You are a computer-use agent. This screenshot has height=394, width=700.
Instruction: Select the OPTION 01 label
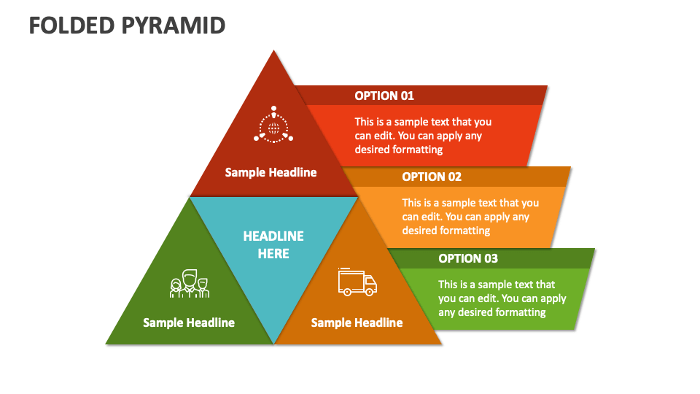tap(384, 96)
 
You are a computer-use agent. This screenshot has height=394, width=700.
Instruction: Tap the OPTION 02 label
tap(432, 177)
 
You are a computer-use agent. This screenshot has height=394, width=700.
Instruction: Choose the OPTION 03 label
tap(468, 258)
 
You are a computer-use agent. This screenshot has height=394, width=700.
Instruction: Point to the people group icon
tap(190, 284)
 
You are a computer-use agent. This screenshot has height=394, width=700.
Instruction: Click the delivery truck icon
tap(357, 282)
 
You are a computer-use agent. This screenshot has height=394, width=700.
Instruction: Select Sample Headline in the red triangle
tap(271, 172)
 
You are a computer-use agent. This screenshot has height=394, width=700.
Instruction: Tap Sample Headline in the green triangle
tap(189, 322)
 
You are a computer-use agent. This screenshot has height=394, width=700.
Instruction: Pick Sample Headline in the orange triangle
tap(357, 322)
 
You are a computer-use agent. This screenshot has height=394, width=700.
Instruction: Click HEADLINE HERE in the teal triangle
tap(273, 245)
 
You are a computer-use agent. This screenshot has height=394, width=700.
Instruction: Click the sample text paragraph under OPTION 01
tap(423, 136)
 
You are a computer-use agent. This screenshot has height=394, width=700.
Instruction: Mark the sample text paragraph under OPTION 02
tap(470, 217)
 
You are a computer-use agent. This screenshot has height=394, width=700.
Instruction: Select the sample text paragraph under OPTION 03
tap(502, 298)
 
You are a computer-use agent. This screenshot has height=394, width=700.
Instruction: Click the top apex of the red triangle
tap(274, 51)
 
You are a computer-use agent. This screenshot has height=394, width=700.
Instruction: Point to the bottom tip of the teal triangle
tap(274, 343)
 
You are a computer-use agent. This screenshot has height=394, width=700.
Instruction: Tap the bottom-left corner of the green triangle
tap(107, 343)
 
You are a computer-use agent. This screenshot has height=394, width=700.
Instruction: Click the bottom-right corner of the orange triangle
tap(441, 343)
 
